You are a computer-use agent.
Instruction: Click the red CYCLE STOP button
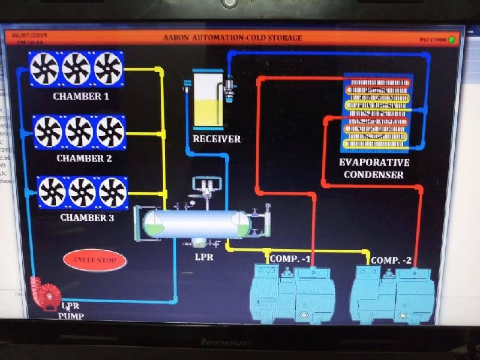tap(95, 260)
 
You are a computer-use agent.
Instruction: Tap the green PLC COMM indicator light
tap(451, 40)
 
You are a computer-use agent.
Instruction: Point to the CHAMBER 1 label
tap(81, 96)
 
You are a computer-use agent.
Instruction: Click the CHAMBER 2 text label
tap(84, 158)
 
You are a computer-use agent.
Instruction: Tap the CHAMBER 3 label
tap(87, 217)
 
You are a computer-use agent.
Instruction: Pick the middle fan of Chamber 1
tap(76, 68)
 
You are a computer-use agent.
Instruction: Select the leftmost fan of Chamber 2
tap(48, 131)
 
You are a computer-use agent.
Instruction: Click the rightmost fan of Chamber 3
tap(113, 192)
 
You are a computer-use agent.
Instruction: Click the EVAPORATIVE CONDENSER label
tap(374, 169)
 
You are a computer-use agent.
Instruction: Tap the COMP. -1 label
tap(290, 259)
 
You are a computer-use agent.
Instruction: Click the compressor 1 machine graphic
tap(292, 292)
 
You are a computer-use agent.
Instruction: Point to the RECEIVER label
tap(217, 139)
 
